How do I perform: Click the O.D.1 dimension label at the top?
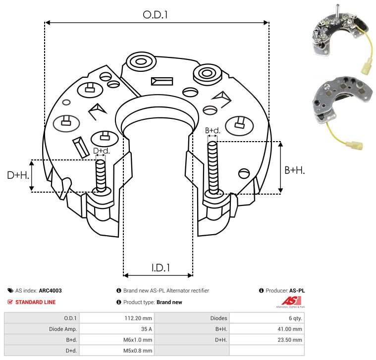coord(155,15)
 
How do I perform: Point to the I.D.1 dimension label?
coord(161,268)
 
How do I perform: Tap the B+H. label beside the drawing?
coord(294,170)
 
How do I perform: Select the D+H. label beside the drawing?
coord(18,175)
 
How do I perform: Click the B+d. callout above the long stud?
coord(213,131)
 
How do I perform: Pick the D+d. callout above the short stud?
coord(101,151)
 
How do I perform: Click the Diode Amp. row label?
coord(63,329)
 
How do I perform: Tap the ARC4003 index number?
coord(51,291)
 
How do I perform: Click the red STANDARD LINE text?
coord(36,302)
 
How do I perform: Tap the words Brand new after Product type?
coord(169,302)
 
